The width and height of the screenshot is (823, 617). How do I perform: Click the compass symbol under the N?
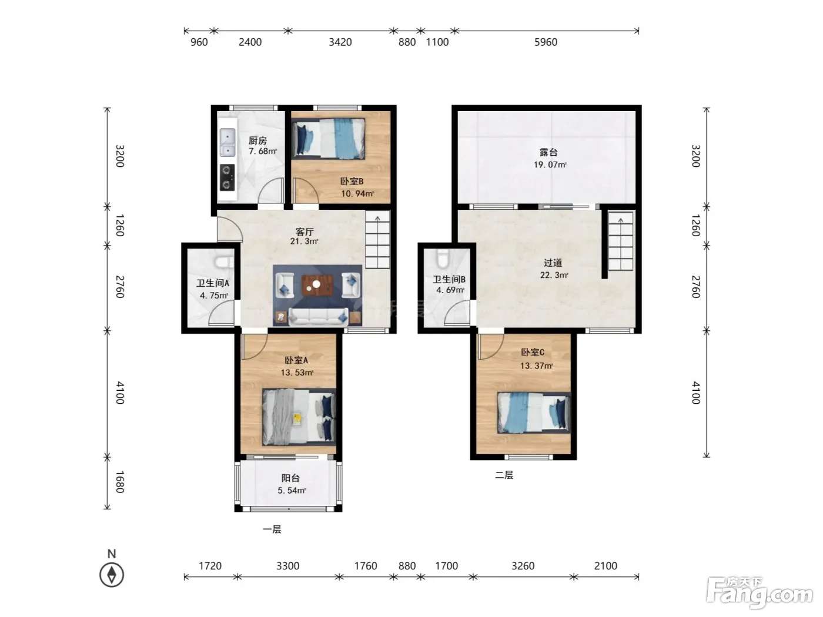coord(111,575)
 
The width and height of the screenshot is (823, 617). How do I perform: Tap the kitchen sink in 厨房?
coord(228,142)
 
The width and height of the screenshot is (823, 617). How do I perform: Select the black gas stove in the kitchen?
coord(227,177)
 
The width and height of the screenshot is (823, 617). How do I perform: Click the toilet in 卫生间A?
coord(223,261)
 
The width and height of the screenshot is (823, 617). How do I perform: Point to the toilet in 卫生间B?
coord(443,258)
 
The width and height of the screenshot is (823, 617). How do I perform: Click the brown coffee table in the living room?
coord(317,286)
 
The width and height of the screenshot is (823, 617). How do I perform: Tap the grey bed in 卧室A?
coord(299,417)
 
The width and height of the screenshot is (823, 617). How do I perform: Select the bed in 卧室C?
coord(534,413)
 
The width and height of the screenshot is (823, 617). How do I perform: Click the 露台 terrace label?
coord(548,152)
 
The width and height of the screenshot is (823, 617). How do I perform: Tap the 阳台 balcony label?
coord(290,478)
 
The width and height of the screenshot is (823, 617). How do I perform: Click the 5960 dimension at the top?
coord(546,42)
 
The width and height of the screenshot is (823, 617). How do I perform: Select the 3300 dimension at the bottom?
coord(287,566)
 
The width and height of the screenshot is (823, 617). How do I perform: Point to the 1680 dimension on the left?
coord(119,482)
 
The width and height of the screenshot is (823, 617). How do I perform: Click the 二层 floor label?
coord(504,475)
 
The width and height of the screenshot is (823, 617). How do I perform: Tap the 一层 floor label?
coord(272,529)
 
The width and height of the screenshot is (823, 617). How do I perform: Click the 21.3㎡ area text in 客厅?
coord(304,242)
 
